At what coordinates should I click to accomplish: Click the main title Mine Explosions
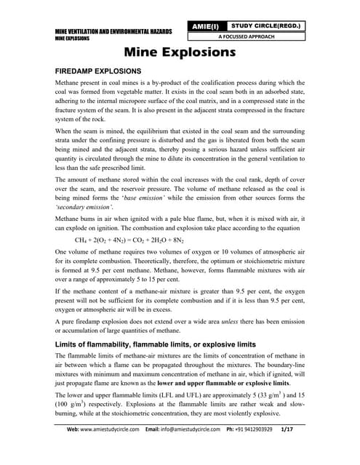point(179,53)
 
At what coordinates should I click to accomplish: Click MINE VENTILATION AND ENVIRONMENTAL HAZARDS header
point(113,32)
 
